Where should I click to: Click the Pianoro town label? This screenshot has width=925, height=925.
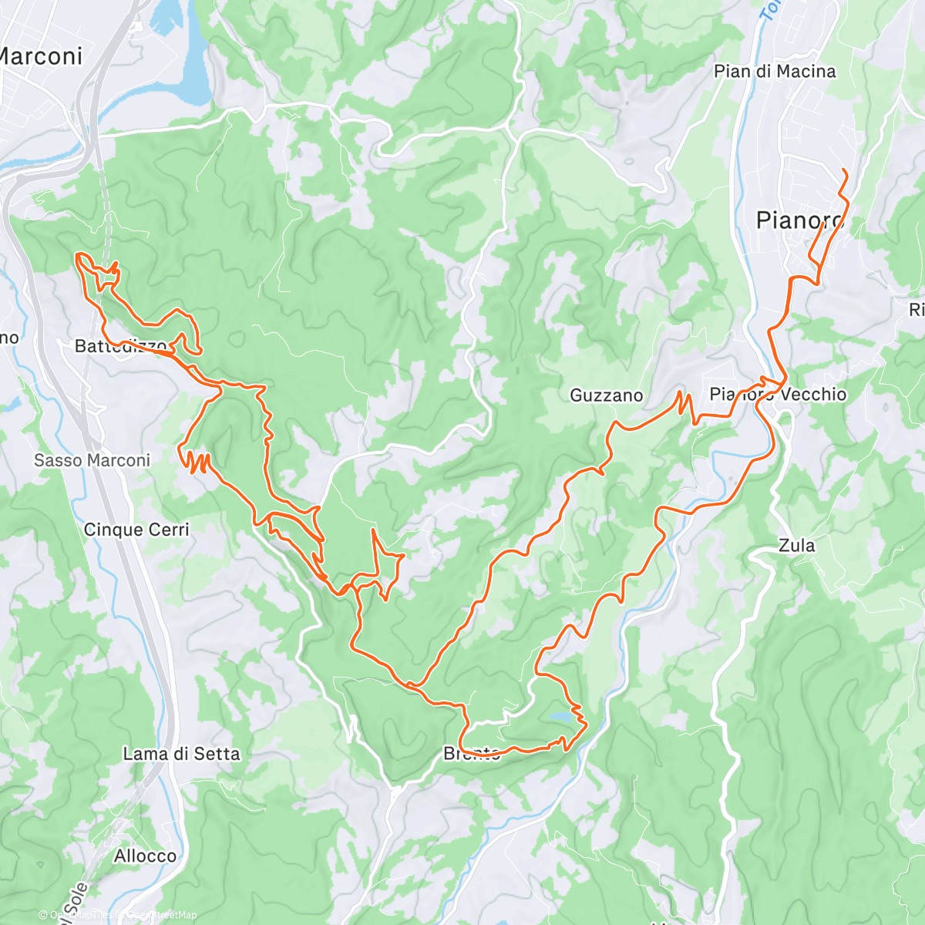[x=799, y=220]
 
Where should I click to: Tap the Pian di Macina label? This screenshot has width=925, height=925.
[x=774, y=72]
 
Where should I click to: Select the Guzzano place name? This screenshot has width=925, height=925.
[x=606, y=395]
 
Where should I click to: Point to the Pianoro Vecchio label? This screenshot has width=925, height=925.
[x=777, y=395]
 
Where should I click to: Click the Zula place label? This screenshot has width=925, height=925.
[x=796, y=546]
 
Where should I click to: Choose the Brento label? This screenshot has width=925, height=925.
[x=472, y=753]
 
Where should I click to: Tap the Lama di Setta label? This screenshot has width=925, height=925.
[x=181, y=754]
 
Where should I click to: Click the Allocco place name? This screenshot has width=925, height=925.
[x=145, y=856]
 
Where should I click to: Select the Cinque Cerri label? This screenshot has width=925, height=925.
[x=136, y=530]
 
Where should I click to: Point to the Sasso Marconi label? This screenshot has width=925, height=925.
[x=92, y=460]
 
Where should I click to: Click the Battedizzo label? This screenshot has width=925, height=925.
[x=120, y=346]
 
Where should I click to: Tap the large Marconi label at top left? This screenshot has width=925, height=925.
[x=40, y=56]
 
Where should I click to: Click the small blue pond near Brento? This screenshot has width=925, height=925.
[x=560, y=718]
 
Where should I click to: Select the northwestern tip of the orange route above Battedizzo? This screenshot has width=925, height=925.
[x=77, y=255]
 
